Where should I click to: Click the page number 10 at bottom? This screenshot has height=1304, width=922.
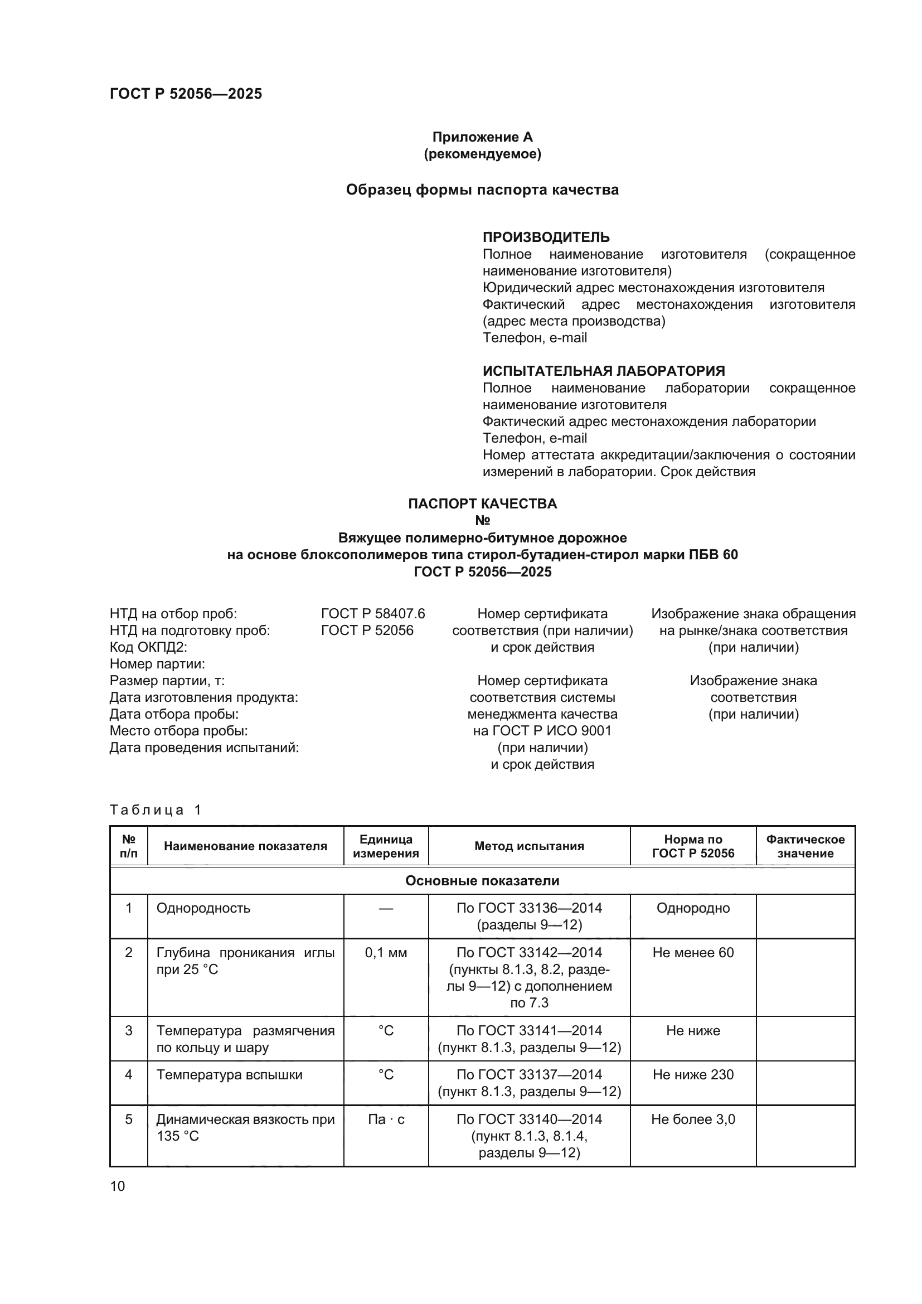[118, 1186]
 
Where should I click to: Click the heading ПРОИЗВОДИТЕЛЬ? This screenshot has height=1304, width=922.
[546, 237]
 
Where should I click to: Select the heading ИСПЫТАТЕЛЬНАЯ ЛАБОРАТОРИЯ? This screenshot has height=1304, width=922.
[604, 371]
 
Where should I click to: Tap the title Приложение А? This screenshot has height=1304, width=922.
[482, 137]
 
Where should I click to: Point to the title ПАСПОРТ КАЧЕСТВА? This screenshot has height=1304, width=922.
[482, 504]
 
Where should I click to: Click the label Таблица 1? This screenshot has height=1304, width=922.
[156, 810]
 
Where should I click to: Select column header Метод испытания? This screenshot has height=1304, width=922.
[528, 846]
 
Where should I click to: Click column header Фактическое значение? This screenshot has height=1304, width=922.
[805, 846]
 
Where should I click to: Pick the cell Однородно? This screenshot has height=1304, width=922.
[693, 908]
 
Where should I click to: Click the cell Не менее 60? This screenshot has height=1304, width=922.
[693, 952]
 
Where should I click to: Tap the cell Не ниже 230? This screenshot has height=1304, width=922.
[693, 1074]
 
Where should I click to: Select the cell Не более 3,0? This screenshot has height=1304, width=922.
[693, 1119]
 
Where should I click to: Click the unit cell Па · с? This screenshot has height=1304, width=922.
[386, 1119]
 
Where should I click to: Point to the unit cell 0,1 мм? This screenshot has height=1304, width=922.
[386, 952]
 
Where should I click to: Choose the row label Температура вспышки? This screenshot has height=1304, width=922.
[229, 1074]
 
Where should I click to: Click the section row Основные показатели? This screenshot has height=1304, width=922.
[482, 881]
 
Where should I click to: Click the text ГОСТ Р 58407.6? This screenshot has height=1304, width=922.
[372, 614]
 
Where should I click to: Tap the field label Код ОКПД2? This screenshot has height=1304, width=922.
[148, 647]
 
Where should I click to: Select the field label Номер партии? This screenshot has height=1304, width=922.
[157, 664]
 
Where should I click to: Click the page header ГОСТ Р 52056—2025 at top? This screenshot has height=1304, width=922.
[186, 94]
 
